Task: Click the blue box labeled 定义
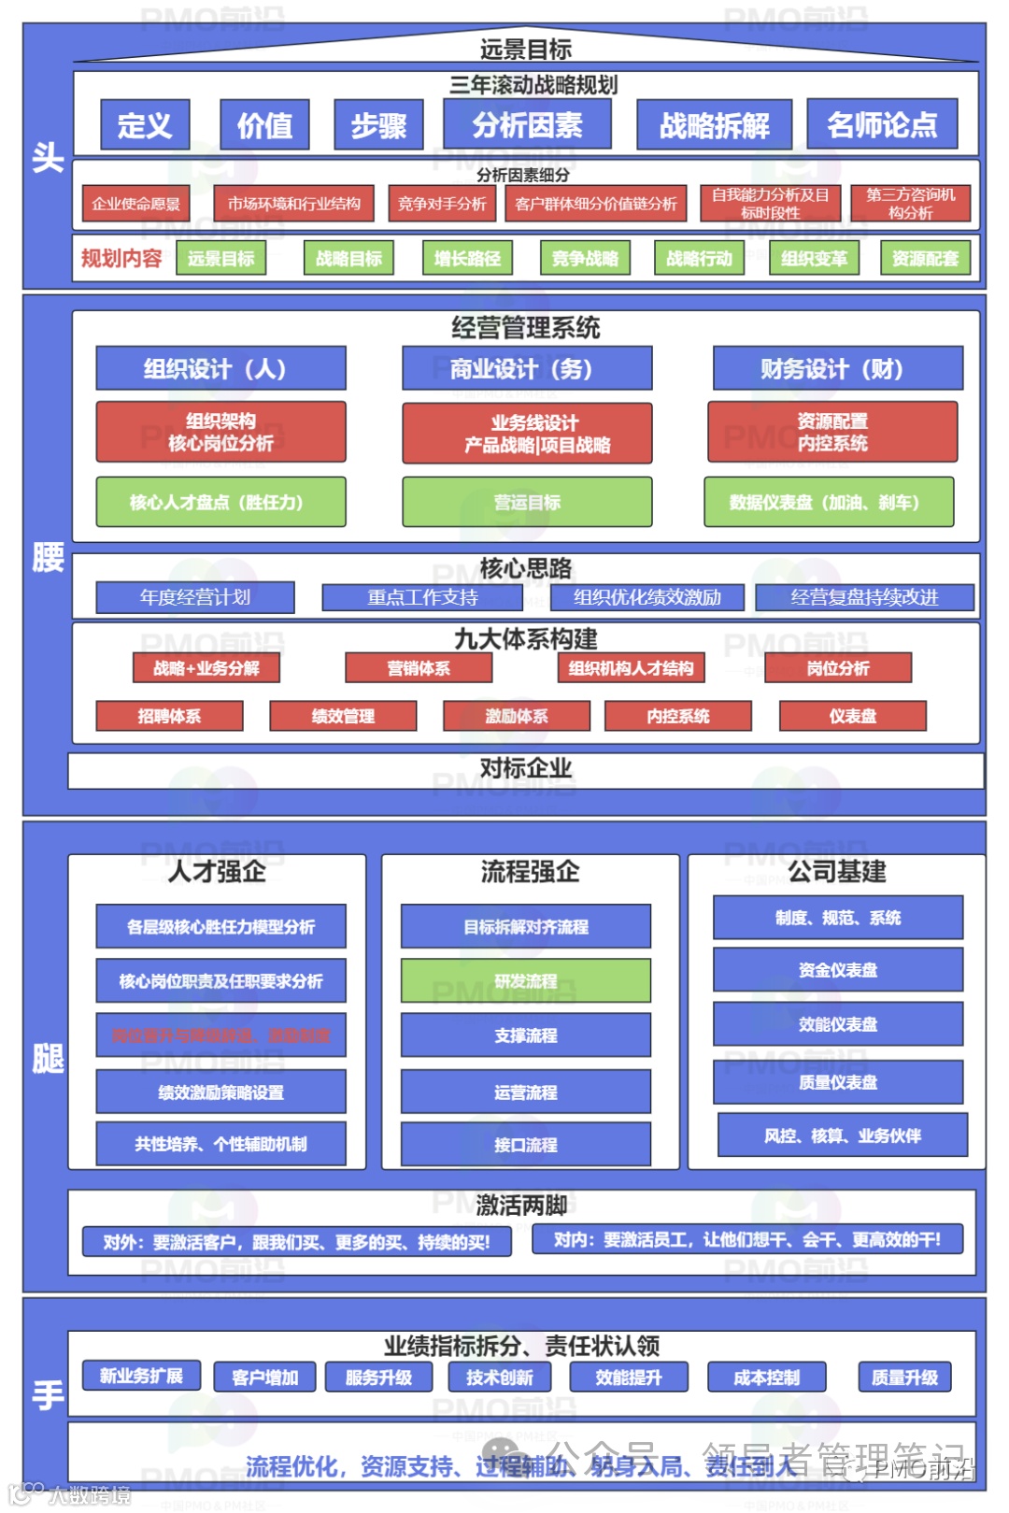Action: click(x=145, y=125)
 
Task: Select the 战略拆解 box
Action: click(x=714, y=125)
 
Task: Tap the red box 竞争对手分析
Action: click(x=442, y=204)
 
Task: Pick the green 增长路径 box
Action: click(x=467, y=259)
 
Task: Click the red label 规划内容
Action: click(x=121, y=259)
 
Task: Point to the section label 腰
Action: click(x=48, y=558)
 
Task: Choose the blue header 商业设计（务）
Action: click(x=527, y=369)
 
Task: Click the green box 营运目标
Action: click(x=527, y=503)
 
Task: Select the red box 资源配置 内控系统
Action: click(x=832, y=433)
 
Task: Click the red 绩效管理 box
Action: click(x=343, y=717)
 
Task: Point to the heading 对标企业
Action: click(x=526, y=769)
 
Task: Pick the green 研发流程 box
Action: click(x=526, y=981)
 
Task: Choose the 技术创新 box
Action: click(x=500, y=1377)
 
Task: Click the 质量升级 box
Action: click(x=904, y=1377)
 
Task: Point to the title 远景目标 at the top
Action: click(x=526, y=50)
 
